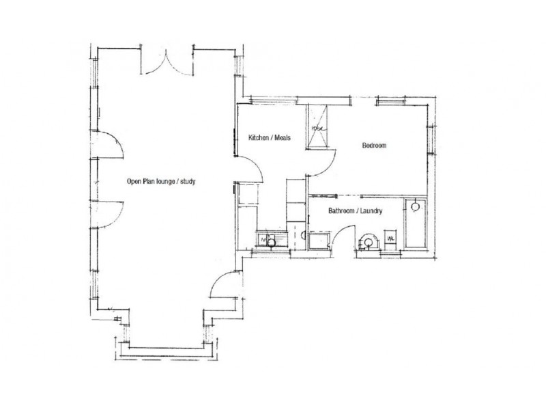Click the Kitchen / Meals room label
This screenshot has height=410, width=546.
click(x=270, y=138)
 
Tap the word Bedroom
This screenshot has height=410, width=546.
click(x=375, y=146)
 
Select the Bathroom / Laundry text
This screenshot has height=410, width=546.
click(x=354, y=212)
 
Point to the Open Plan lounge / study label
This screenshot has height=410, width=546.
click(x=162, y=181)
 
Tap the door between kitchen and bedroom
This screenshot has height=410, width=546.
click(x=320, y=163)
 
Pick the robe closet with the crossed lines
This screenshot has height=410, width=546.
click(x=319, y=126)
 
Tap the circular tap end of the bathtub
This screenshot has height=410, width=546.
click(x=414, y=205)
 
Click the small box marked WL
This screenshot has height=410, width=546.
click(x=391, y=238)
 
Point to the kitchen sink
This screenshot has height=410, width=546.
click(x=271, y=240)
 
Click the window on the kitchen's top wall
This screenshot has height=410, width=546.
click(x=273, y=101)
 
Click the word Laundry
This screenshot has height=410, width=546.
click(x=369, y=212)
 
